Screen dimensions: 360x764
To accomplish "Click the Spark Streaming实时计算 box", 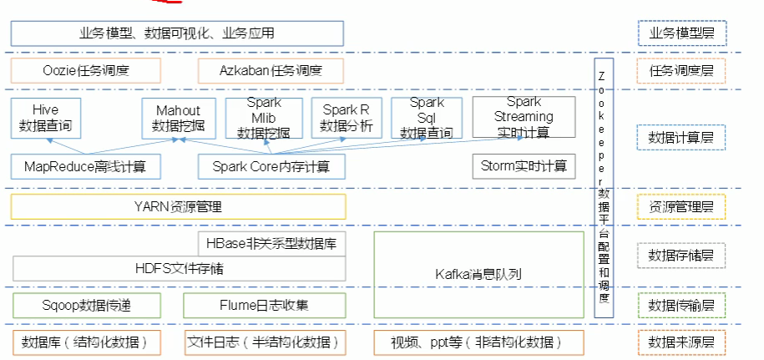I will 524,117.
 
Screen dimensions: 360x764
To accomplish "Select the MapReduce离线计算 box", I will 86,166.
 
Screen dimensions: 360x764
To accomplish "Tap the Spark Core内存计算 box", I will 271,166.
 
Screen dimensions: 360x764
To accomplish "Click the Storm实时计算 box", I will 524,166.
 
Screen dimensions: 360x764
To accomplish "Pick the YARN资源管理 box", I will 178,206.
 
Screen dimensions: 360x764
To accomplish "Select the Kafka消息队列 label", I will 478,273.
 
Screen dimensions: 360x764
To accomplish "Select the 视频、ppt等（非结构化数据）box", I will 478,342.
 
